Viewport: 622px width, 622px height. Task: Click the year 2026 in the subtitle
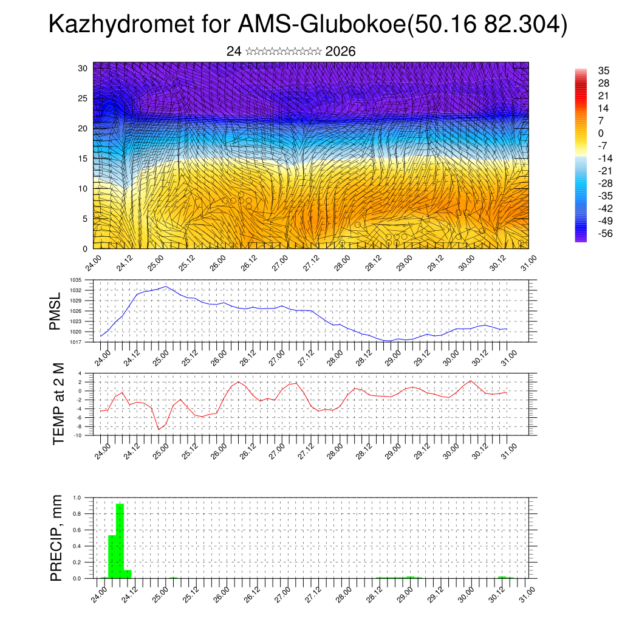(x=340, y=52)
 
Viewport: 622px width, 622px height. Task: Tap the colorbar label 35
(x=587, y=70)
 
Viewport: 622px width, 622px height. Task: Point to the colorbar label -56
(x=587, y=234)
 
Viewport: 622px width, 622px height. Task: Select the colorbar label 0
(x=584, y=133)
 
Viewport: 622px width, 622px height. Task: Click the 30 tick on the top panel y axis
(x=83, y=68)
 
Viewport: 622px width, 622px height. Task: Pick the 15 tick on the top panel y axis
(x=83, y=159)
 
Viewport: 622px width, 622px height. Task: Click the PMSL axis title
(x=56, y=311)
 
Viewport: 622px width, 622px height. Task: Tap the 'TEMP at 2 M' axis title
(x=58, y=404)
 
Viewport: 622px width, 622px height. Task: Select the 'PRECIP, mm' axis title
(x=57, y=538)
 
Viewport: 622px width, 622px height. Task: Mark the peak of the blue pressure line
(x=166, y=286)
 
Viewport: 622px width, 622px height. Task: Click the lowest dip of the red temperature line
(x=159, y=429)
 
